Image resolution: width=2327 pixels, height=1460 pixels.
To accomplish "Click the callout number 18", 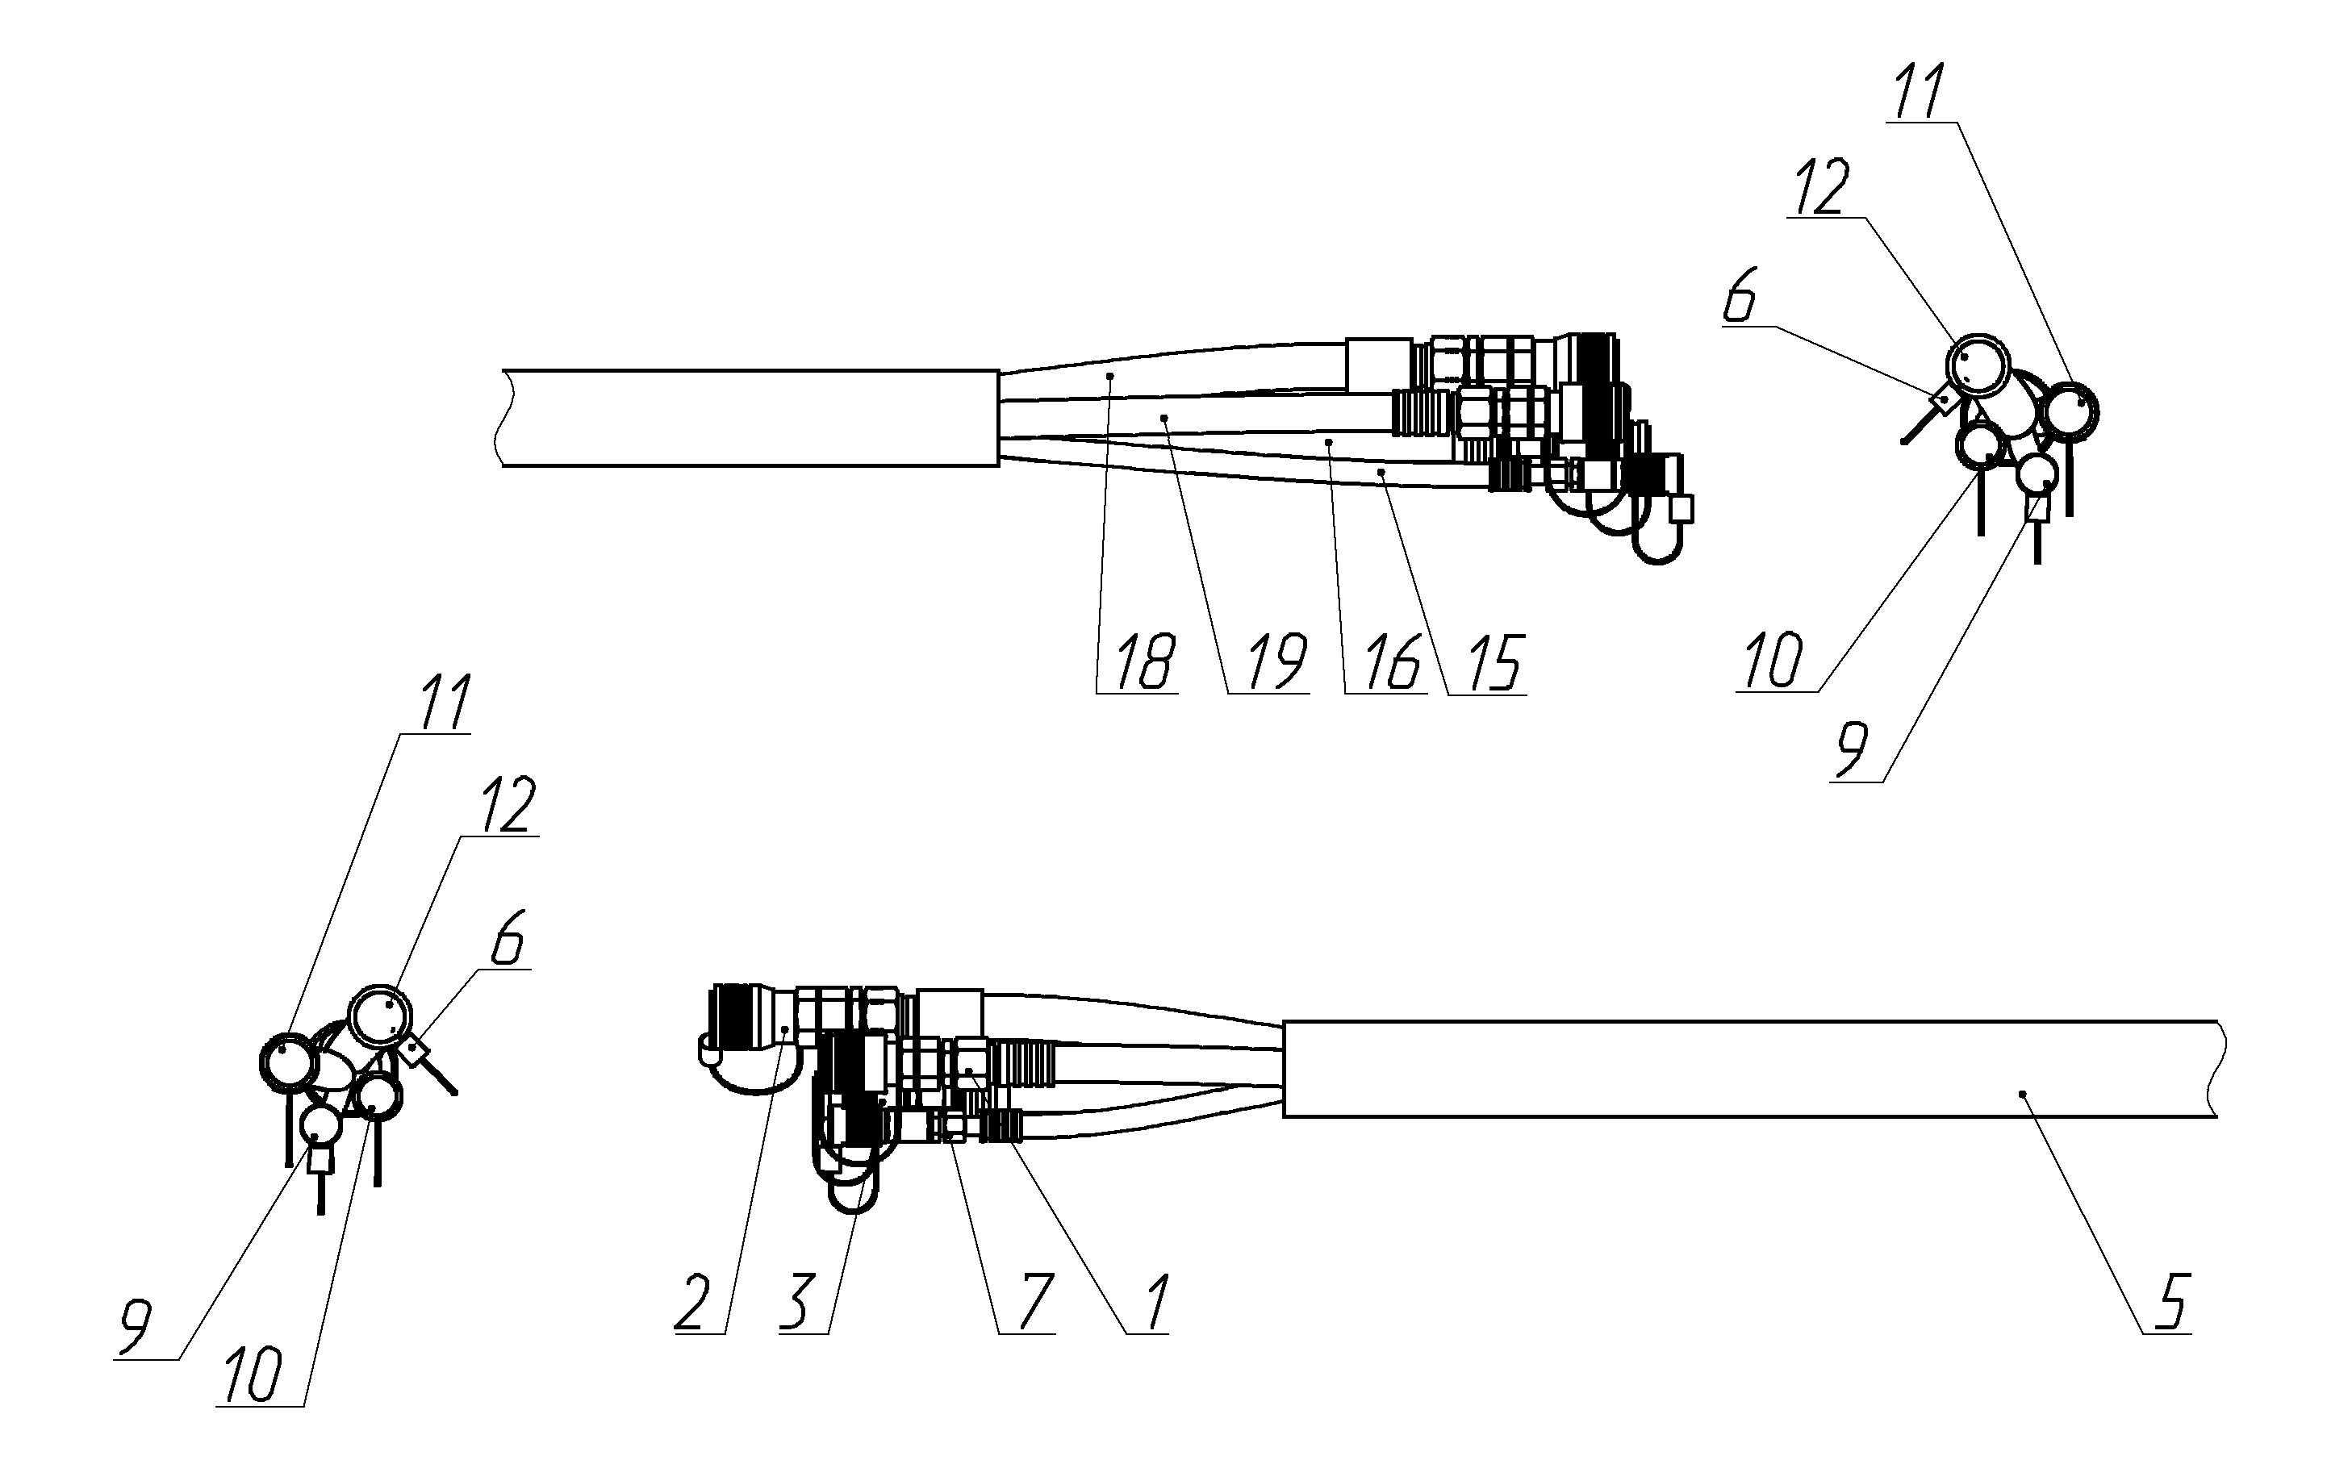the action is [1146, 662].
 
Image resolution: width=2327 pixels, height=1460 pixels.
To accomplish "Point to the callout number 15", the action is [1494, 662].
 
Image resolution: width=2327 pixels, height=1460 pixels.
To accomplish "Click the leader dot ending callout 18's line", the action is [1111, 376].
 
